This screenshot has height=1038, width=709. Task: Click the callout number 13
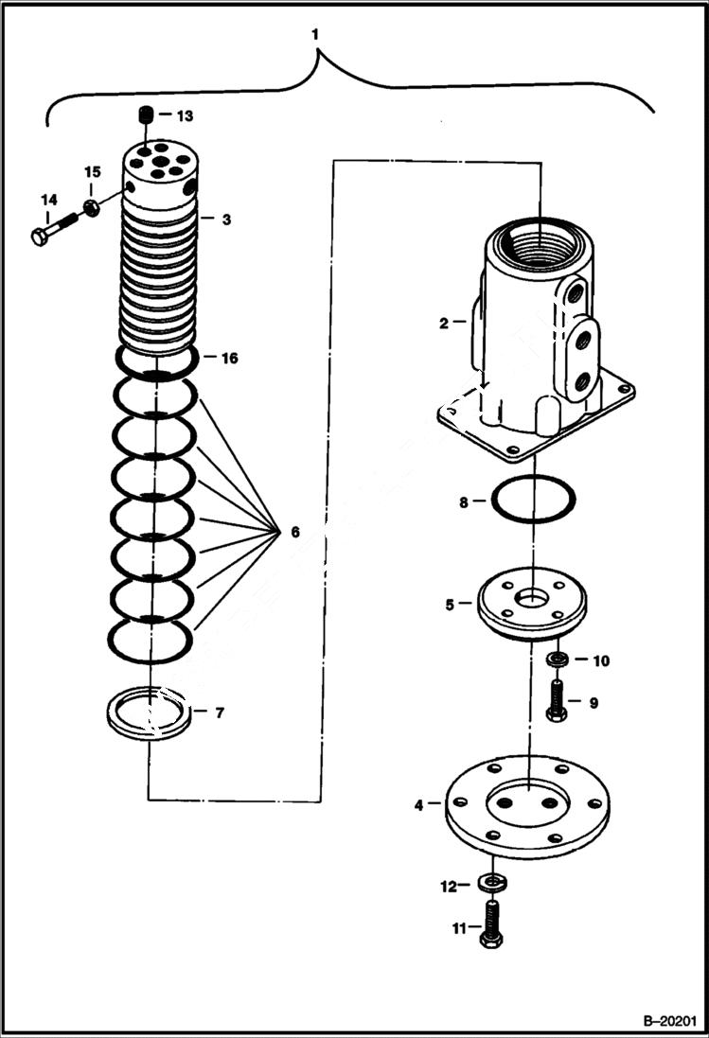coord(184,115)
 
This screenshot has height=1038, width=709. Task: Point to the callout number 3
coord(226,220)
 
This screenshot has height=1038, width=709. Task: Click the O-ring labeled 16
coord(156,361)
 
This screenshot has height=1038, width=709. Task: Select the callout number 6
coord(294,533)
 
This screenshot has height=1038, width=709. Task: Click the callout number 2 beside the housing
coord(443,323)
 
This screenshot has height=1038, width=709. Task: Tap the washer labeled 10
coord(558,659)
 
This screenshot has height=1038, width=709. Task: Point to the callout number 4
coord(418,805)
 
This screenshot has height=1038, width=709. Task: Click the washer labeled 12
coord(492,883)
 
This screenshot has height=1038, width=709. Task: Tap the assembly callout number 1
coord(317,34)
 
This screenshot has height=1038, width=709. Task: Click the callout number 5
coord(452,603)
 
